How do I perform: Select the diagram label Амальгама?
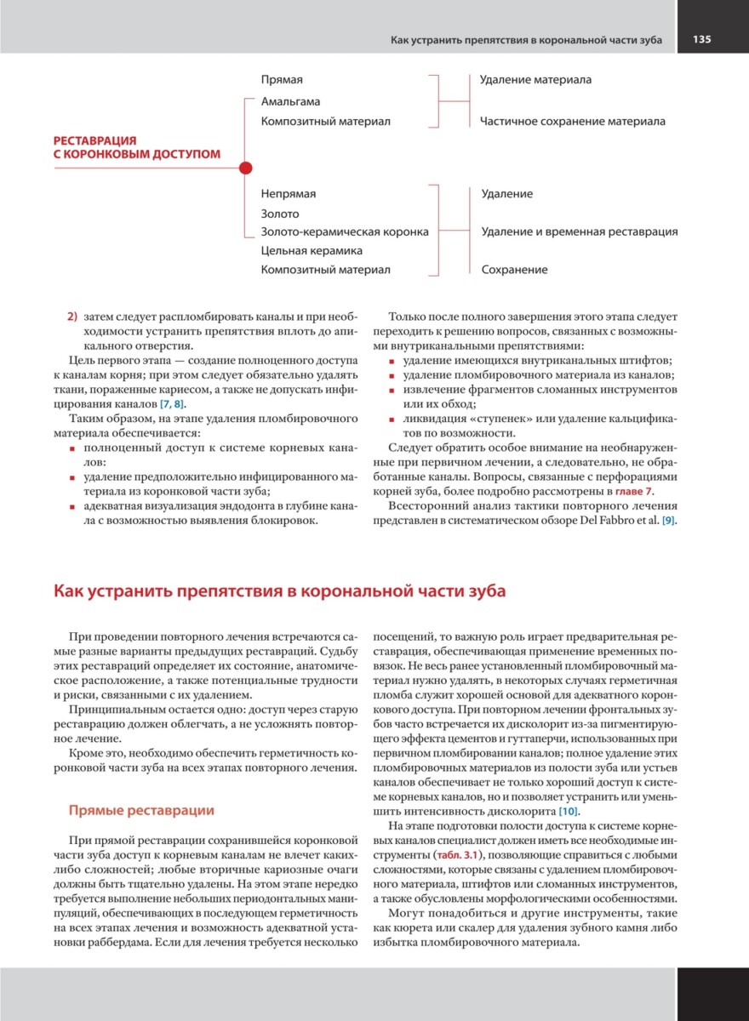click(290, 102)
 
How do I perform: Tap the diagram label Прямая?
click(282, 80)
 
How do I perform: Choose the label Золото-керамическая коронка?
click(345, 231)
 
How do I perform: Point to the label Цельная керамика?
click(312, 251)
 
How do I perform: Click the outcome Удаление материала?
click(535, 80)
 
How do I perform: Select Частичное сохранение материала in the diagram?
click(572, 122)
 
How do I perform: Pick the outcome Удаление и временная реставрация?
click(580, 231)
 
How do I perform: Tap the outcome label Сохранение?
click(514, 270)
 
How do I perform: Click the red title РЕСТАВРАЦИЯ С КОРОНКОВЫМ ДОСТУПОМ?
click(136, 147)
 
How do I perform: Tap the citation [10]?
click(569, 812)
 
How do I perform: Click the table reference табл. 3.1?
click(458, 853)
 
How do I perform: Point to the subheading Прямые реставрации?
click(141, 810)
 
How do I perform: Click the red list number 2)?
click(72, 317)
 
